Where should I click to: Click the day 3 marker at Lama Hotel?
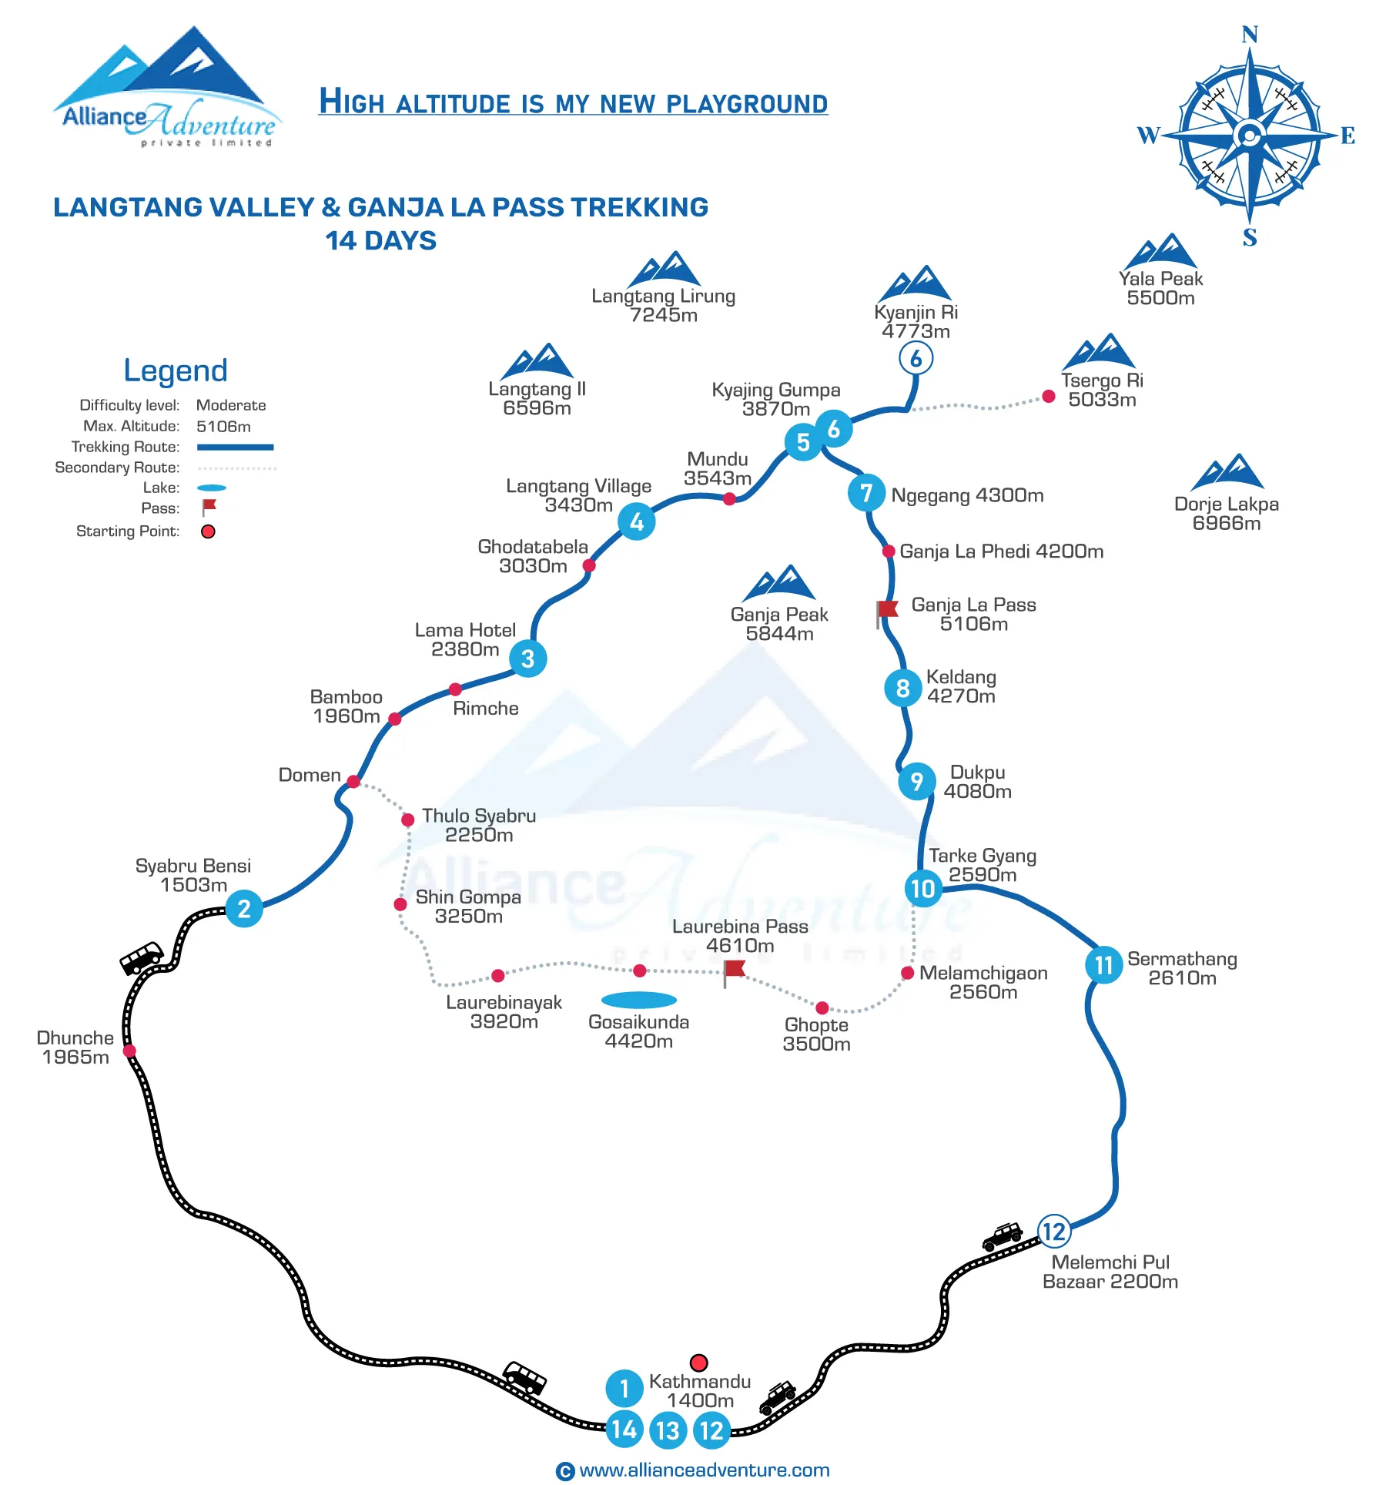528,659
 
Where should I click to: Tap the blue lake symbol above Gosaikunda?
638,1000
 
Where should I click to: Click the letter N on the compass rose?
1250,35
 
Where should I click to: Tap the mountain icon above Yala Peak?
1160,251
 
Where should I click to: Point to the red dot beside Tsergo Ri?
1048,397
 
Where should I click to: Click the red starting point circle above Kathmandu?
698,1363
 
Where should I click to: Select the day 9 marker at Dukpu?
917,781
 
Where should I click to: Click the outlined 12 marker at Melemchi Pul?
1053,1231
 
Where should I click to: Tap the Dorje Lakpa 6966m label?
1227,514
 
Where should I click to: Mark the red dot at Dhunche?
129,1051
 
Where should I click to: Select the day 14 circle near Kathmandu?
624,1430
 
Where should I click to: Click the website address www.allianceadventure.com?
704,1470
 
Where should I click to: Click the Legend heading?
176,370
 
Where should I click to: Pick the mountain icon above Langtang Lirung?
664,269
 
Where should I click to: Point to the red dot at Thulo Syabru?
408,820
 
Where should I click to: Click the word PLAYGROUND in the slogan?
747,103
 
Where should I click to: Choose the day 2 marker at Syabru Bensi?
244,908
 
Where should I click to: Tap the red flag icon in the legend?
209,507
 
